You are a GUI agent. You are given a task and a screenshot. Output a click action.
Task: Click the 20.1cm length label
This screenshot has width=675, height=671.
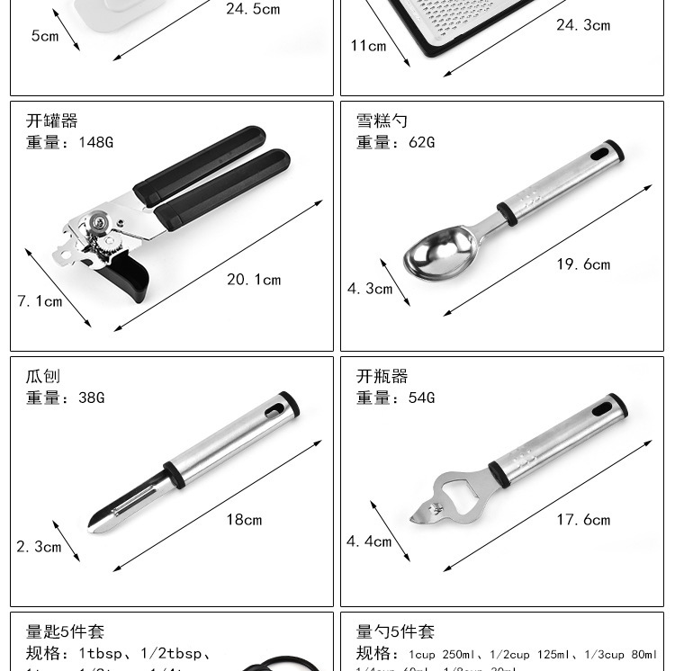(254, 280)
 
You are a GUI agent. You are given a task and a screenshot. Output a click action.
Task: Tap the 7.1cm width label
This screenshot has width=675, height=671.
(40, 301)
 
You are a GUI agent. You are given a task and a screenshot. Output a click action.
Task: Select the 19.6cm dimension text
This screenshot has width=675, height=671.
(583, 264)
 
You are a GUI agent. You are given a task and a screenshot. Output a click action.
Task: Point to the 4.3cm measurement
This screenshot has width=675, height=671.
(370, 289)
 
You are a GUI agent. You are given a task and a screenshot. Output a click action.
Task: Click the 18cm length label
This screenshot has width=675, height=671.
(244, 520)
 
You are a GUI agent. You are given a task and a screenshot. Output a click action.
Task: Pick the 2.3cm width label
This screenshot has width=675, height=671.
(39, 546)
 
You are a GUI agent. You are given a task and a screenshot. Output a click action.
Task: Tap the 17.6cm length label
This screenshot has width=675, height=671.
(583, 520)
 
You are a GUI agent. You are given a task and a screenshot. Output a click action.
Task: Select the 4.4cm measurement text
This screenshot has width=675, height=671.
(369, 541)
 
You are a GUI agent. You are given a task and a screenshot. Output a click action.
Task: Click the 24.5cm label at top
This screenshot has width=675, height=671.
(253, 9)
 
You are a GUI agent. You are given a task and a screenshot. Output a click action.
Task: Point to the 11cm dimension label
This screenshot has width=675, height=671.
(368, 45)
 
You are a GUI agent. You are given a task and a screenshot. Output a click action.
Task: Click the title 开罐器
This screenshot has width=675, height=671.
(52, 121)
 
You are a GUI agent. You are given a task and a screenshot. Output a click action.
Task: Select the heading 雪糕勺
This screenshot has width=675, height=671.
(382, 121)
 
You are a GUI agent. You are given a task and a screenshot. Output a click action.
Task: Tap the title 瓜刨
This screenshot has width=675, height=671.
(43, 376)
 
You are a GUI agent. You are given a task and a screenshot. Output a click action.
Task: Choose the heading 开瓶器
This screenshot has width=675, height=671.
(382, 376)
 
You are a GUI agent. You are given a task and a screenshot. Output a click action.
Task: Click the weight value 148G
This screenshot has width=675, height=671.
(95, 142)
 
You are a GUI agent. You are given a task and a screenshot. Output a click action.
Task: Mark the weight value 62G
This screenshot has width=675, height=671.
(421, 142)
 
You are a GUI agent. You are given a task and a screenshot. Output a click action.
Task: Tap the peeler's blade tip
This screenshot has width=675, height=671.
(100, 521)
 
